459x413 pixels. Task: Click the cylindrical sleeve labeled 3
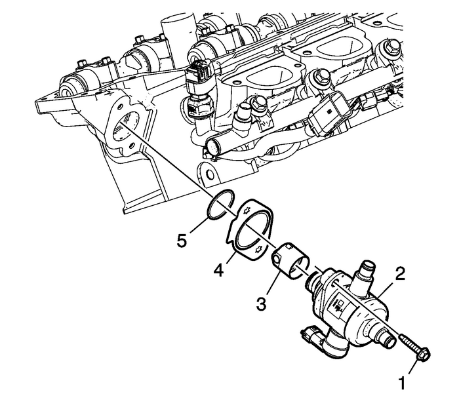click(286, 258)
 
